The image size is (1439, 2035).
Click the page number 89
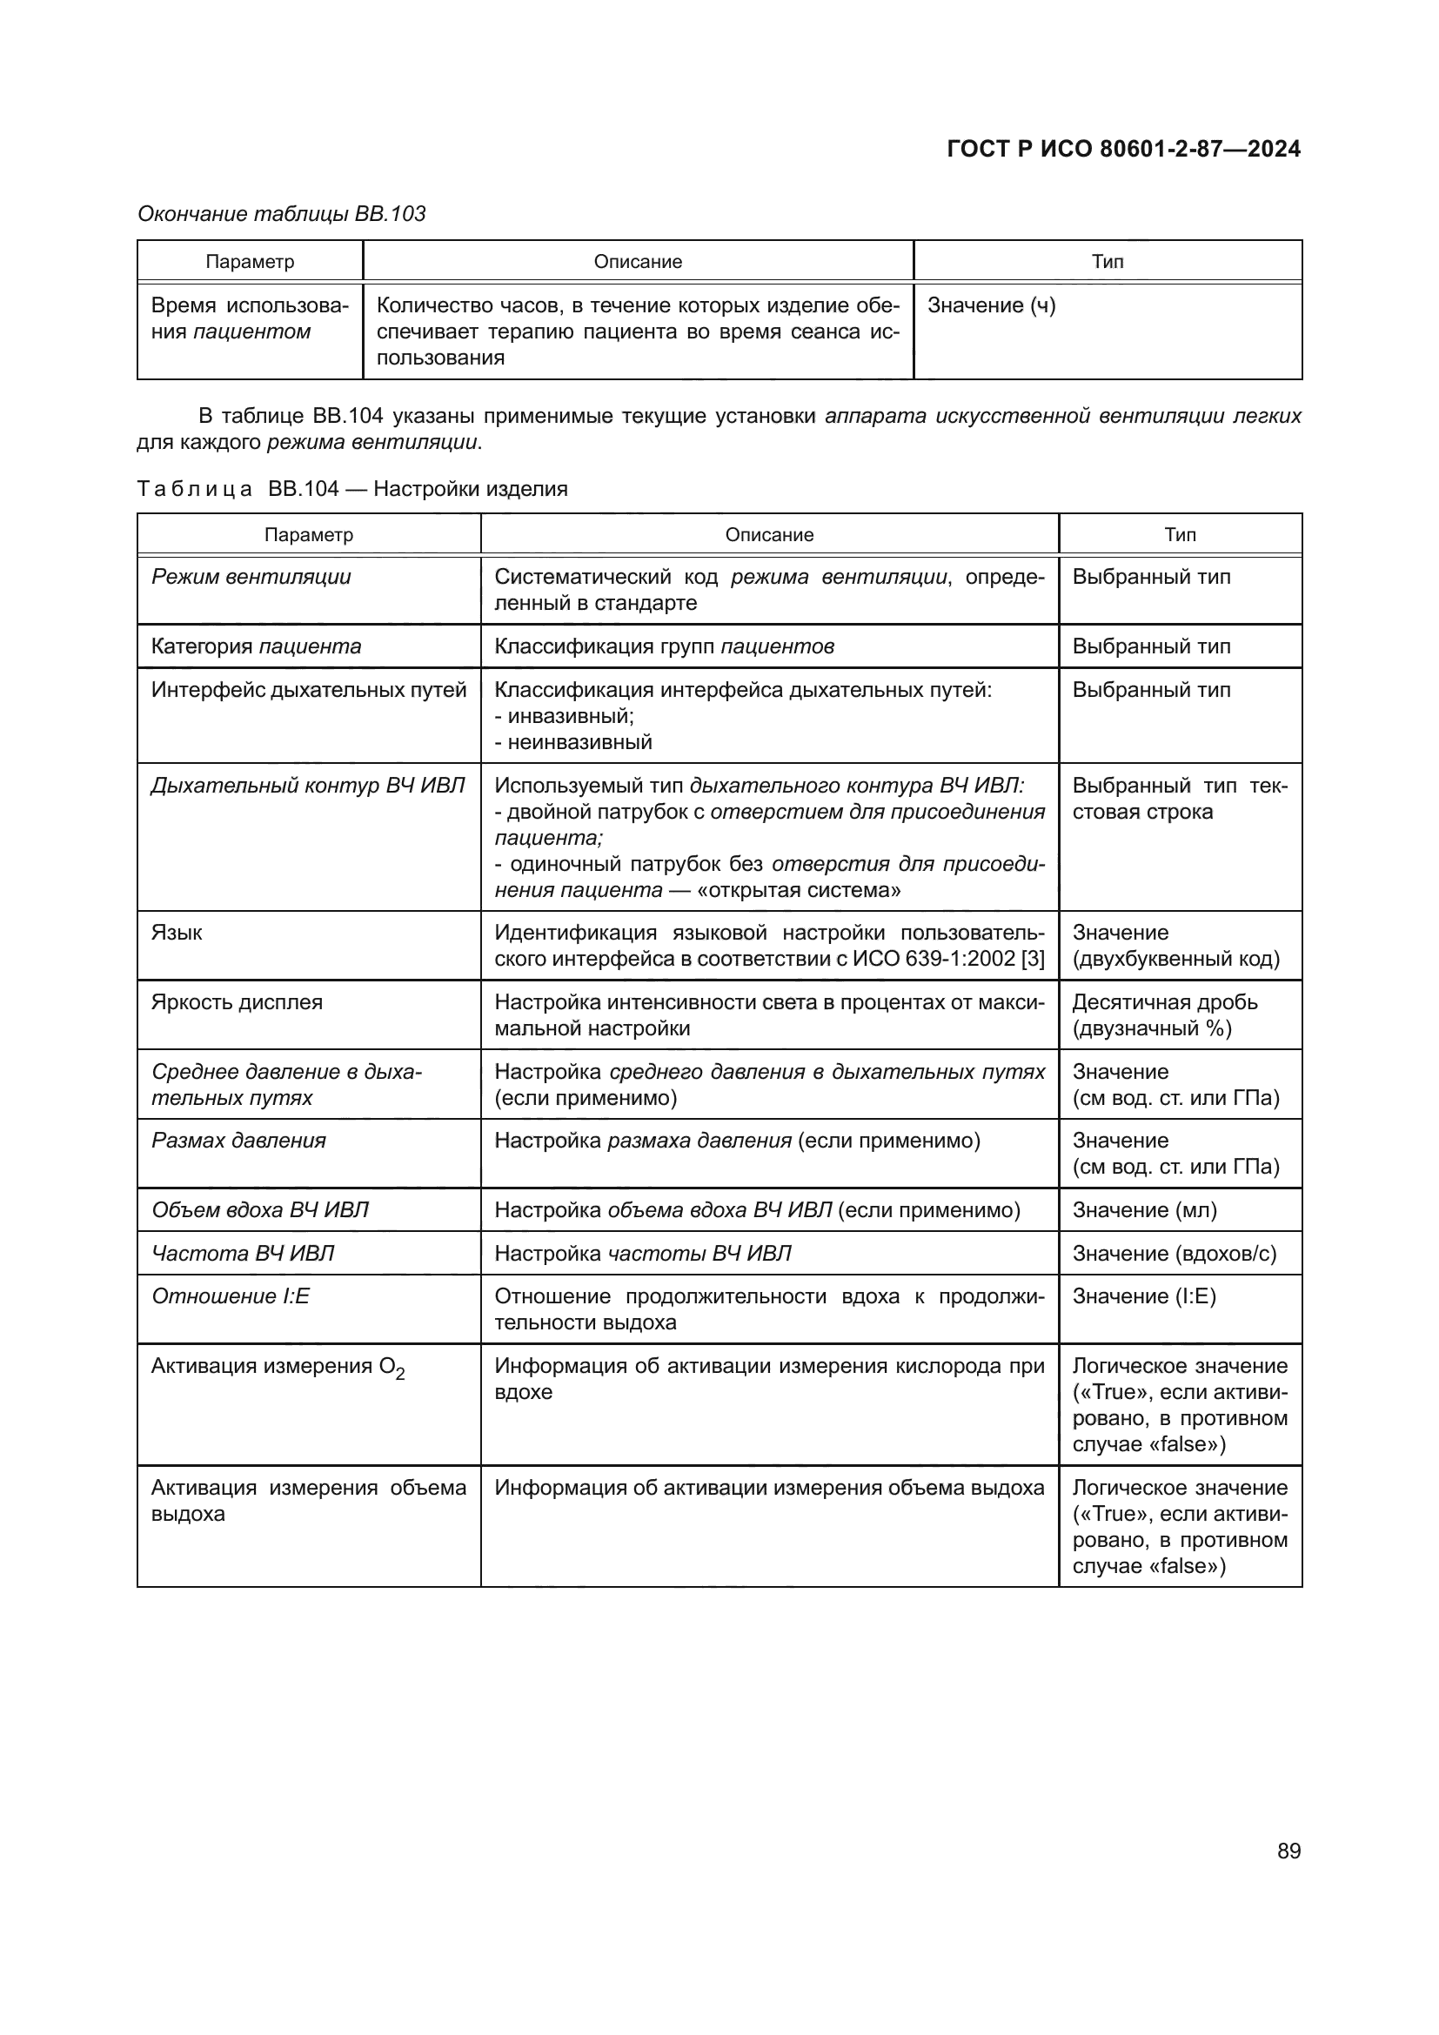(1288, 1851)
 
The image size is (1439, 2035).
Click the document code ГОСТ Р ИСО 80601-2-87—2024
(1123, 149)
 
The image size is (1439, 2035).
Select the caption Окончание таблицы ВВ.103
(282, 214)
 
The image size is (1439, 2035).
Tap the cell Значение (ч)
(991, 305)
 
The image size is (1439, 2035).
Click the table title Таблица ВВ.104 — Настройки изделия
(351, 489)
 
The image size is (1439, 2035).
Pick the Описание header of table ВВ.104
(768, 535)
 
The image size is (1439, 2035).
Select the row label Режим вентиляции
(251, 577)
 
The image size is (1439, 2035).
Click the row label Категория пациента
(256, 646)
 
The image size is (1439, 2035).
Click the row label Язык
(177, 933)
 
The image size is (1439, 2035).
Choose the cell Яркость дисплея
(237, 1002)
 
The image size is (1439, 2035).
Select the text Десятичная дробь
(1164, 1002)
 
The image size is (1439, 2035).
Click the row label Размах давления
(238, 1141)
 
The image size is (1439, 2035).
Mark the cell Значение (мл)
(1144, 1210)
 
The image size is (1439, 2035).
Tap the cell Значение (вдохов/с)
(1174, 1253)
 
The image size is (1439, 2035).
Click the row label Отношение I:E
(231, 1296)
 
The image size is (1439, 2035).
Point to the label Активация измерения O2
(278, 1367)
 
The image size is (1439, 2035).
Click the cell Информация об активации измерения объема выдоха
(768, 1488)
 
